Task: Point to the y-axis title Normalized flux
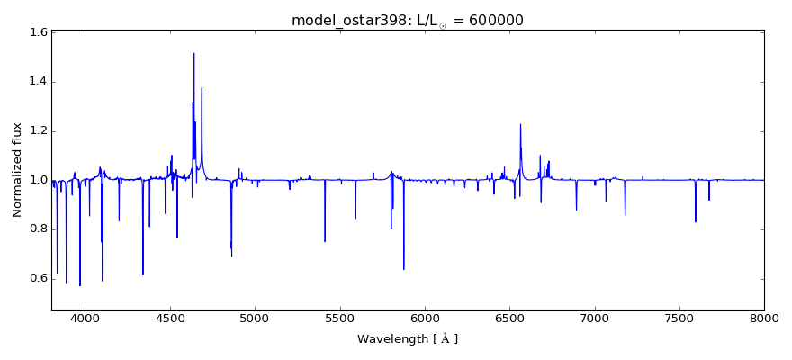tap(17, 171)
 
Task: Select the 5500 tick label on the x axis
tap(339, 318)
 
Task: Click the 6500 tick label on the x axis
tap(509, 318)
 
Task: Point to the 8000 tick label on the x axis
tap(764, 318)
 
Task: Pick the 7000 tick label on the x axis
tap(594, 318)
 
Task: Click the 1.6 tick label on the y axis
tap(37, 33)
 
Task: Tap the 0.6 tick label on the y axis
tap(37, 278)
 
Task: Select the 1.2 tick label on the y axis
tap(37, 131)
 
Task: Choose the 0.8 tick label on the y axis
tap(37, 229)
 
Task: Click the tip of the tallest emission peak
tap(193, 53)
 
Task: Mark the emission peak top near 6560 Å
tap(520, 124)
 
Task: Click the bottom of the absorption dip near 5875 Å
tap(403, 269)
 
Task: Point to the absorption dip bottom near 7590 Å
tap(695, 222)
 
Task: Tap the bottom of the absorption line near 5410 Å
tap(325, 241)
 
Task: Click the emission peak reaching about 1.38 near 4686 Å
tap(202, 87)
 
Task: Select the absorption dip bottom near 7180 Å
tap(625, 215)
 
